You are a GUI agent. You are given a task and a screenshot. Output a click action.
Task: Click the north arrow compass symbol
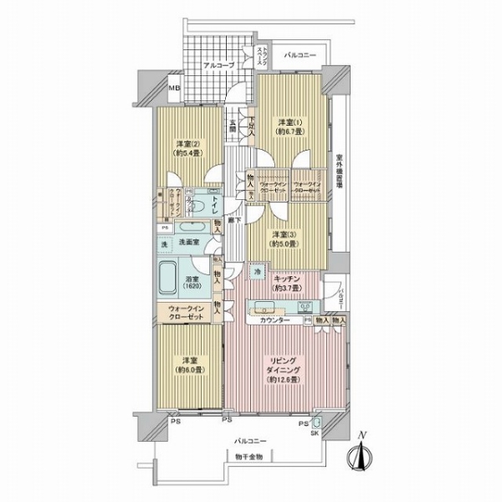point(361,456)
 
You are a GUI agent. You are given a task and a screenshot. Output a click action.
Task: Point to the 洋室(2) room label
point(187,141)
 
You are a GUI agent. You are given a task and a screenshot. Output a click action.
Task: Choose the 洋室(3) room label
point(284,233)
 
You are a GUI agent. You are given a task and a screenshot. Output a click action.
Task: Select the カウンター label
point(274,320)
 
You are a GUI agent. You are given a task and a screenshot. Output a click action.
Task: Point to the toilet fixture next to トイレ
point(200,200)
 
